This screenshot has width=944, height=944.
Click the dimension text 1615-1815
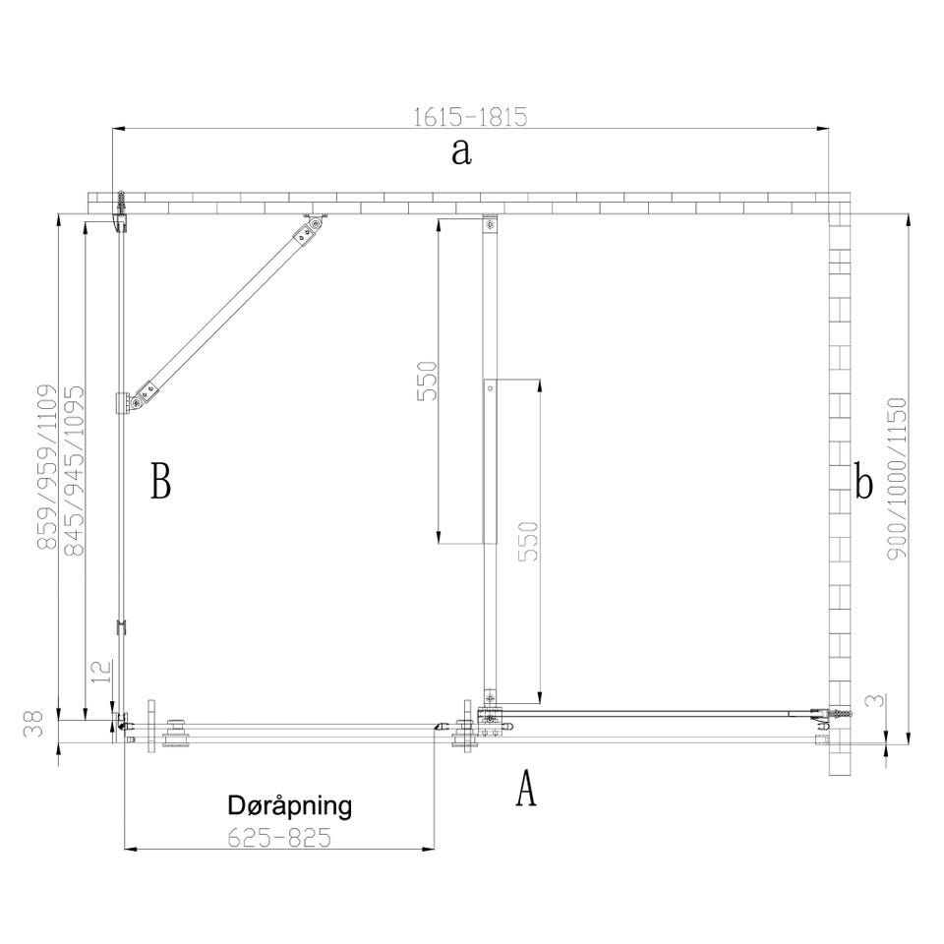pyautogui.click(x=470, y=117)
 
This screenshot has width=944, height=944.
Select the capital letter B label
pyautogui.click(x=160, y=481)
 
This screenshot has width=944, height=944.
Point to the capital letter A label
pyautogui.click(x=525, y=788)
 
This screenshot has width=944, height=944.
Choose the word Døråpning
pyautogui.click(x=289, y=805)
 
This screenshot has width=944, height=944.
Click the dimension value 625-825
pyautogui.click(x=279, y=838)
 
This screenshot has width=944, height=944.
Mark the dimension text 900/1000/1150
pyautogui.click(x=897, y=478)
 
